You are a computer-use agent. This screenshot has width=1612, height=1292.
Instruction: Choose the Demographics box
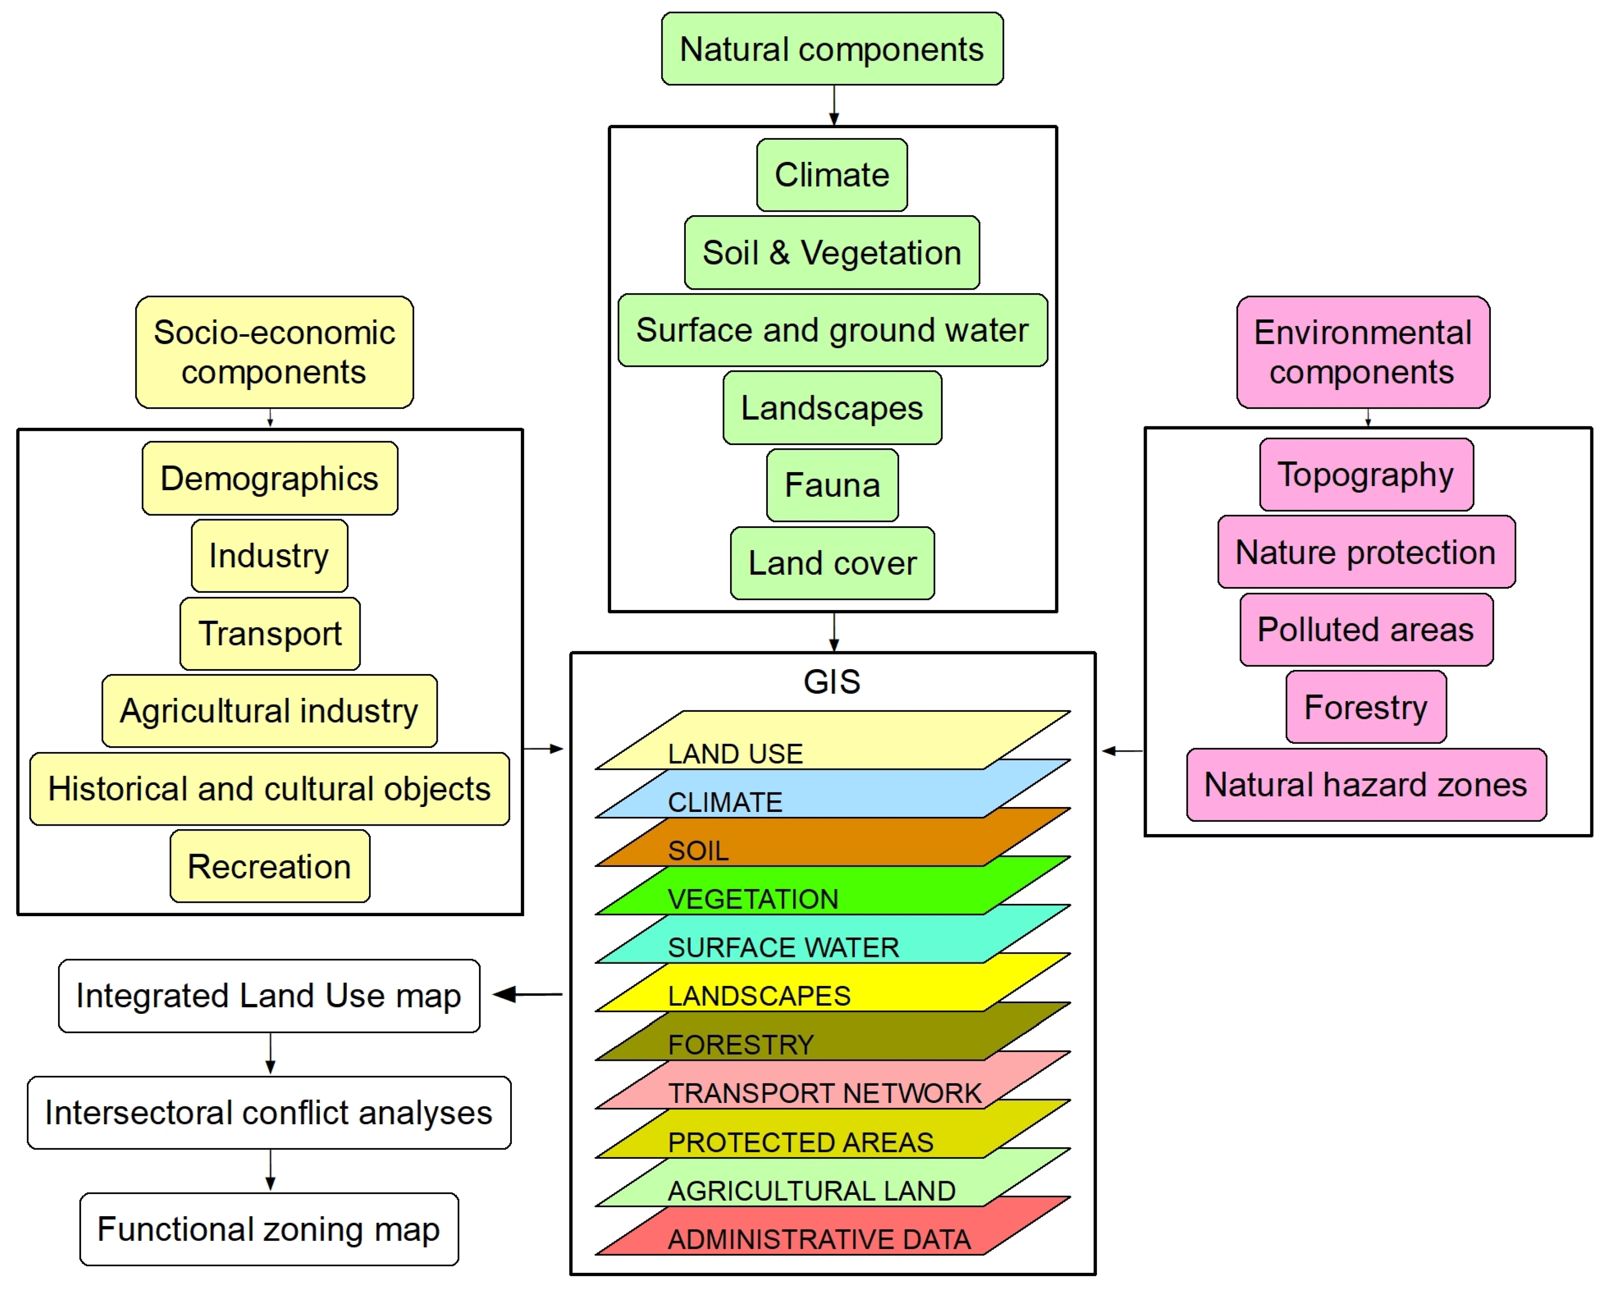pos(269,479)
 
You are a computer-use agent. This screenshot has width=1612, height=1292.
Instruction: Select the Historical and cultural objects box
pos(269,789)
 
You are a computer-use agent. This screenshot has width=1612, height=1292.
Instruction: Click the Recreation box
pos(269,867)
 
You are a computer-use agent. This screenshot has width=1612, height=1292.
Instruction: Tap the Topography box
pos(1365,475)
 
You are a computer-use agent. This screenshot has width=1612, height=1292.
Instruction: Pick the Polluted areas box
pos(1365,630)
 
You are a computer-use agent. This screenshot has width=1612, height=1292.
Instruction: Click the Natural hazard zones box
pos(1365,785)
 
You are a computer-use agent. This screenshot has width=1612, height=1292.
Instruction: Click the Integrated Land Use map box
pos(269,996)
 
